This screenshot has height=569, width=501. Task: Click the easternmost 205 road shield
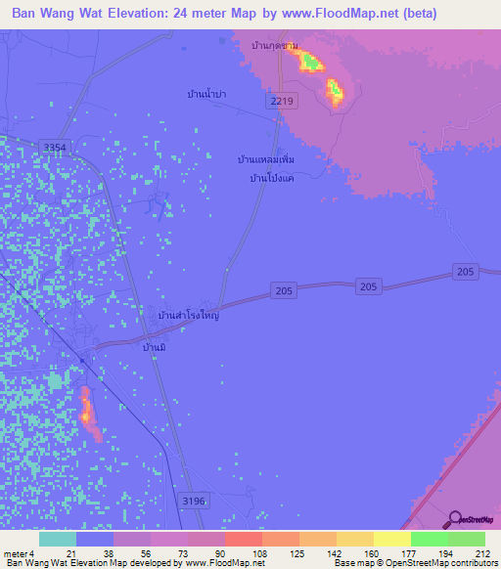465,271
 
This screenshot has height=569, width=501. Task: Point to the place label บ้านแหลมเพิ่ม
266,157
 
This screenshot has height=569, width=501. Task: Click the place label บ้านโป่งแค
273,178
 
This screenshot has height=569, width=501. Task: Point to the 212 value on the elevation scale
481,553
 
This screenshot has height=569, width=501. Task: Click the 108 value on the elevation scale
259,553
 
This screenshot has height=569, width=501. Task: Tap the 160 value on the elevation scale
370,553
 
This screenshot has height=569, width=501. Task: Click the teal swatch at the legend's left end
58,539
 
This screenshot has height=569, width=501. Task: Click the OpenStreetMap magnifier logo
454,519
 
